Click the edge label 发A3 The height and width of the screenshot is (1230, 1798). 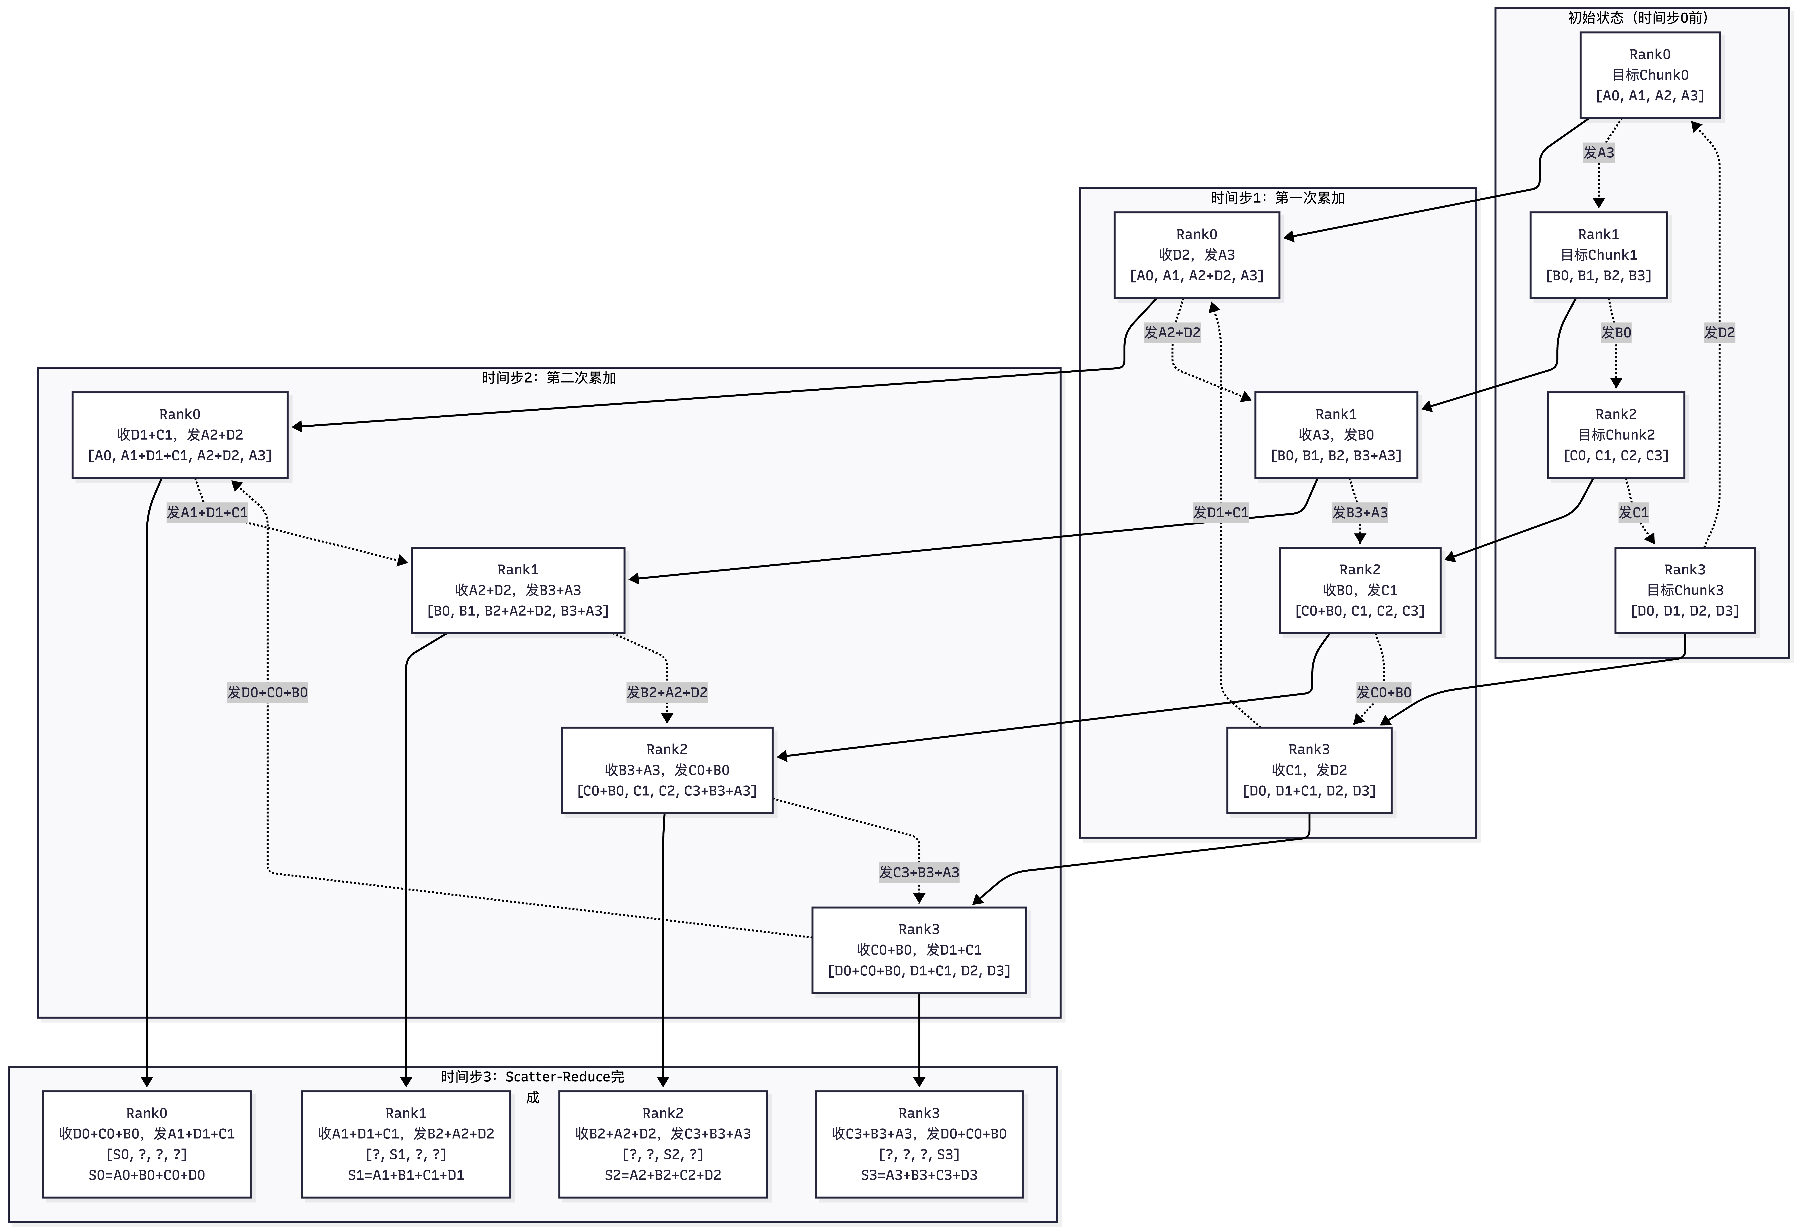click(1598, 152)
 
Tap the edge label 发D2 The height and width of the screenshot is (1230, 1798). click(1719, 333)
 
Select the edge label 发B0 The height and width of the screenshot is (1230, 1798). click(1615, 333)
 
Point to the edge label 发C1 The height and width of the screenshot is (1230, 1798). click(1633, 512)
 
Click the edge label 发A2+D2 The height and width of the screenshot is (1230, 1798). click(1172, 333)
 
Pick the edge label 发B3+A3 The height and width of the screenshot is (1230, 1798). click(1359, 512)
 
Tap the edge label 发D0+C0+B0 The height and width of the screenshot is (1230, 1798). click(267, 692)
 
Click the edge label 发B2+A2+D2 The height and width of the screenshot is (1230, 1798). click(666, 692)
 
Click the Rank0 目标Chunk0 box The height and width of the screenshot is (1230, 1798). click(1649, 75)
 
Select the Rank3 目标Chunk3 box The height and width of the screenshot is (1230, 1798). click(1684, 590)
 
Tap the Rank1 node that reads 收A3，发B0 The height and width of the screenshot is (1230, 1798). click(1335, 435)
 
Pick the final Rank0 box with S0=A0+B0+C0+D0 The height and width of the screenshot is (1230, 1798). click(146, 1144)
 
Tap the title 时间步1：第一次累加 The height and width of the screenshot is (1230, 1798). click(1277, 198)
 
